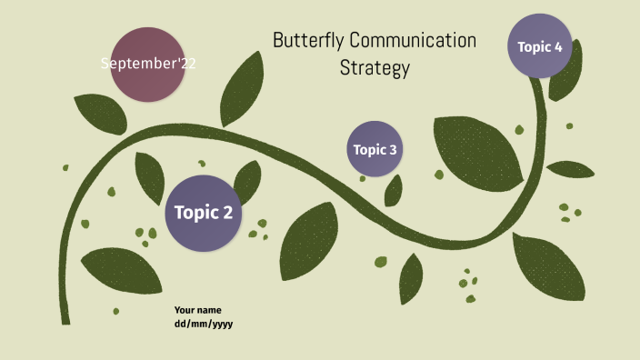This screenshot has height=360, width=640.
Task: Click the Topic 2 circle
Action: [204, 213]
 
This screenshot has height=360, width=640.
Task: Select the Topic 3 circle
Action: [375, 149]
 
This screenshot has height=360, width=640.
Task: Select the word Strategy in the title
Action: [375, 68]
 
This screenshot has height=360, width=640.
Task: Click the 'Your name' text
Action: [198, 310]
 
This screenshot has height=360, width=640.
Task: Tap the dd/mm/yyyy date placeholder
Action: [205, 324]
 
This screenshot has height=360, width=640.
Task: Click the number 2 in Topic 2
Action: [228, 213]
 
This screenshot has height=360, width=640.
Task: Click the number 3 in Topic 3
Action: [393, 150]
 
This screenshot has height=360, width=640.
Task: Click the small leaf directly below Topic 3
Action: [394, 190]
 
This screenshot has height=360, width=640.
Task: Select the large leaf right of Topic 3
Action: [477, 148]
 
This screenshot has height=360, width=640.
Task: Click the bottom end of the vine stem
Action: [65, 318]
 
